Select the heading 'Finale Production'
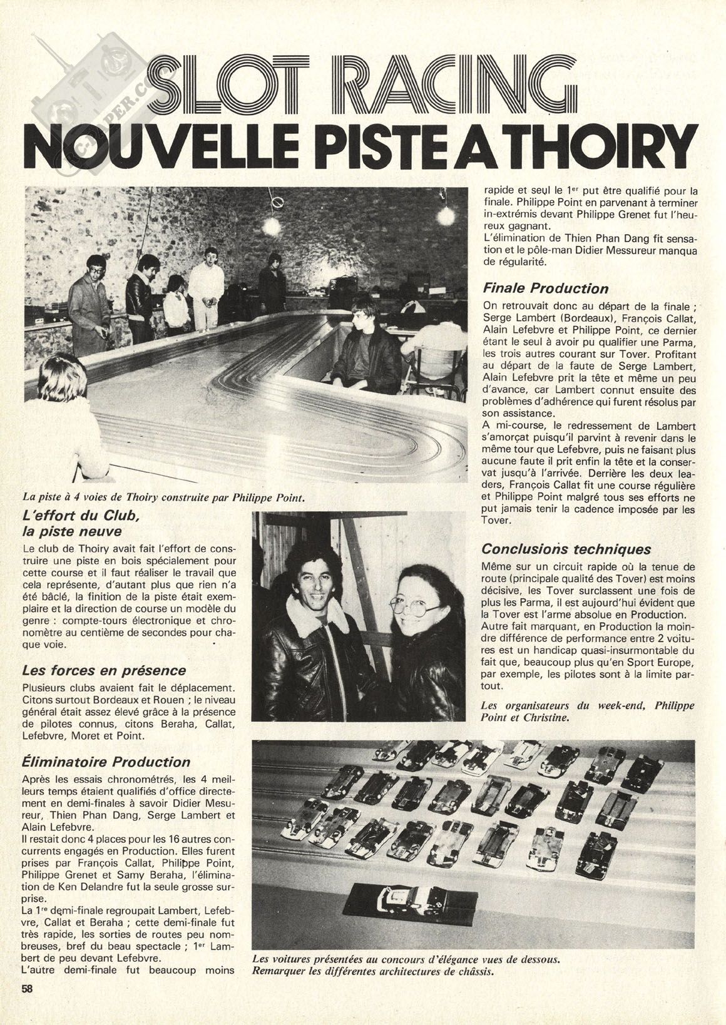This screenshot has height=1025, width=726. pyautogui.click(x=545, y=288)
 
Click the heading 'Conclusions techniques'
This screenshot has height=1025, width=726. pyautogui.click(x=566, y=549)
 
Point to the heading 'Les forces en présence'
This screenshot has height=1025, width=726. pyautogui.click(x=103, y=670)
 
